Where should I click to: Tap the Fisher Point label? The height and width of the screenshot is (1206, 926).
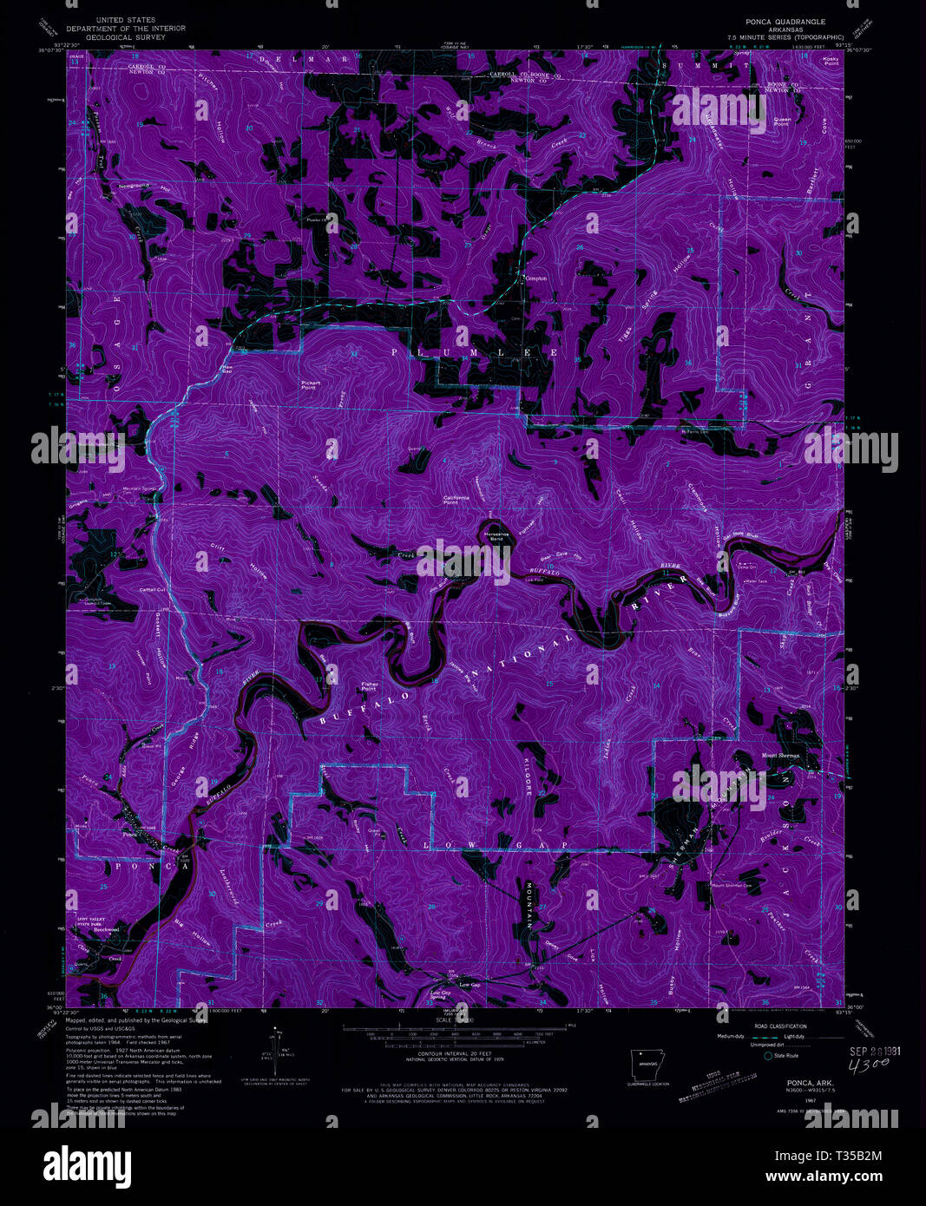click(x=370, y=686)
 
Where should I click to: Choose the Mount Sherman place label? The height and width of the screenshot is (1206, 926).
click(x=780, y=755)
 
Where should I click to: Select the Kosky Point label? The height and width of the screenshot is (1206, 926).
click(x=831, y=61)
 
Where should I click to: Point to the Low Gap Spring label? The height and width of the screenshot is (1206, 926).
click(x=440, y=994)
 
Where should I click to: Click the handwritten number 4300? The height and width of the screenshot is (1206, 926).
click(x=871, y=1065)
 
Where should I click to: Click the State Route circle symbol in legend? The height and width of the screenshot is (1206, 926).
click(x=767, y=1056)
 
